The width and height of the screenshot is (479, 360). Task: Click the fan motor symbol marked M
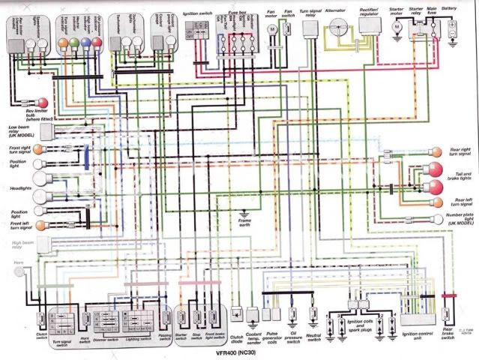click(x=273, y=28)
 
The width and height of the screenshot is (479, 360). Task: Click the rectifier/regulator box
click(x=368, y=25)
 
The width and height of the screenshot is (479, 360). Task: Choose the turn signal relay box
click(x=310, y=27)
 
